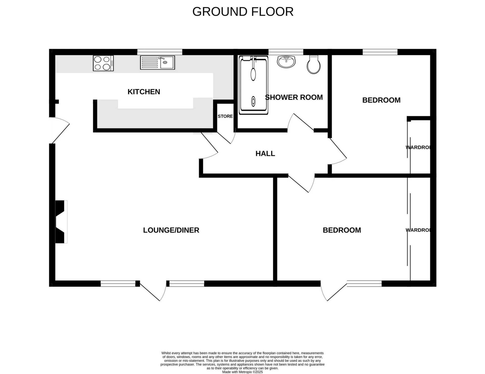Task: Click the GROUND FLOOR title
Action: coord(243,12)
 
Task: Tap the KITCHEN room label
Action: coord(144,92)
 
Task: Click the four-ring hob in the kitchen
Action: coord(103,63)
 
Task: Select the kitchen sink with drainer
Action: coord(157,63)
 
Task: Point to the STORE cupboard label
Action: coord(225,116)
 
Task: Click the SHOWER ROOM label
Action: coord(294,97)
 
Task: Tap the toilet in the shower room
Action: coord(313,65)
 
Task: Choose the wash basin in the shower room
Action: coord(286,61)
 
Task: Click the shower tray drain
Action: coord(253,101)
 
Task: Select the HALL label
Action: coord(265,153)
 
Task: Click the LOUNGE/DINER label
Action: coord(171,230)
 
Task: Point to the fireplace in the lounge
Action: coord(61,222)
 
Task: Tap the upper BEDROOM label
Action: coord(381,100)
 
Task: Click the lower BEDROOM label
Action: coord(342,230)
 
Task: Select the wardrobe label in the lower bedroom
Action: coord(418,230)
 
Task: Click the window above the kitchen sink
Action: coord(160,52)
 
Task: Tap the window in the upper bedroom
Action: coord(380,52)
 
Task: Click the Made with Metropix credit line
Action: coord(242,372)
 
